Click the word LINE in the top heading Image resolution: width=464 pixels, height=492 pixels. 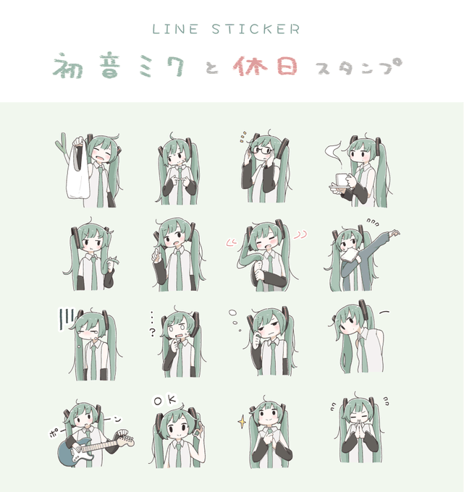(175, 29)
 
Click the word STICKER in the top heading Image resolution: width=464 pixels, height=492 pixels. (256, 29)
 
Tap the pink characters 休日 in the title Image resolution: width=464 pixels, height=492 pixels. (265, 67)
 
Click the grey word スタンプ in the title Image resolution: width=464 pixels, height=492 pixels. (359, 67)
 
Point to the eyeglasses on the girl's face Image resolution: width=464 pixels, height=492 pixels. (261, 150)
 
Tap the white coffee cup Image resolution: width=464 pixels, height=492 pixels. (341, 181)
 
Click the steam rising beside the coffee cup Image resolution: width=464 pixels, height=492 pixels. (334, 153)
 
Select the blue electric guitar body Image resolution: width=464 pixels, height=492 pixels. (73, 451)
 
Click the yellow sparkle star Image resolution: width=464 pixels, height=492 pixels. (242, 422)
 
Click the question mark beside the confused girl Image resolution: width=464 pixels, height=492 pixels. (153, 332)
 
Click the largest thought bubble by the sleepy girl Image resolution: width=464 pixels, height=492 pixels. (232, 313)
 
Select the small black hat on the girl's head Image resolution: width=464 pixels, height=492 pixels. (254, 410)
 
